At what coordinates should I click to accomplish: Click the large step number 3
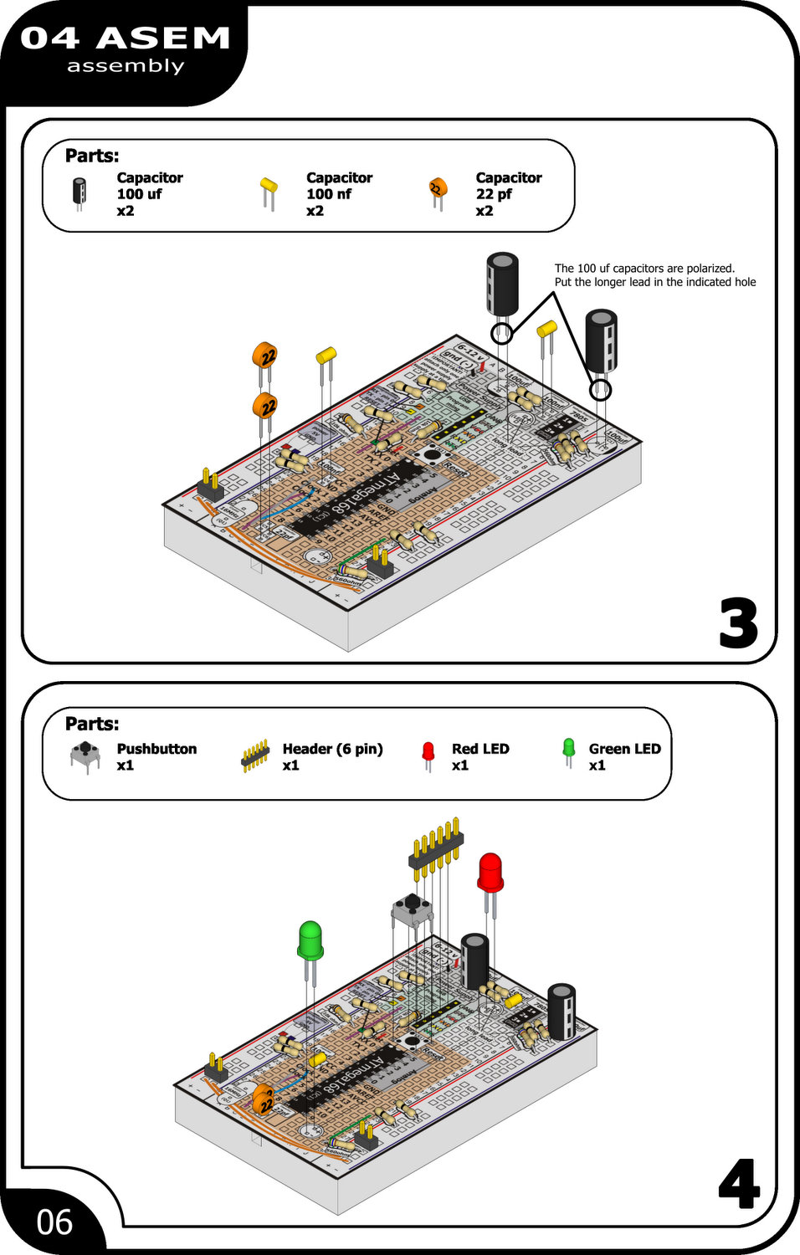(x=738, y=623)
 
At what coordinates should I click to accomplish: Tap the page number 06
(x=54, y=1222)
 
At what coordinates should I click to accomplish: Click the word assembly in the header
(x=126, y=66)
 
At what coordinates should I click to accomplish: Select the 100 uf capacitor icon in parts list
(x=79, y=192)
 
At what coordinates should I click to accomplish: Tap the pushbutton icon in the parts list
(x=85, y=755)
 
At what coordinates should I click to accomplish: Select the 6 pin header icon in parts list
(x=255, y=756)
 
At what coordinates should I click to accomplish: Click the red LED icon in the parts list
(x=428, y=753)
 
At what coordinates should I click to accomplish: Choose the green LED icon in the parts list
(x=569, y=750)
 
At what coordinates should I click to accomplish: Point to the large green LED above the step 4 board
(x=310, y=940)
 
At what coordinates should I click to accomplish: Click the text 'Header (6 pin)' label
(x=332, y=749)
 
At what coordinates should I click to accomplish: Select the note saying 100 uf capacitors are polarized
(x=654, y=275)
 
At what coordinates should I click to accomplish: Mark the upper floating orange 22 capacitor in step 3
(x=264, y=356)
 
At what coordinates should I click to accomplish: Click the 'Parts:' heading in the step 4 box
(x=92, y=724)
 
